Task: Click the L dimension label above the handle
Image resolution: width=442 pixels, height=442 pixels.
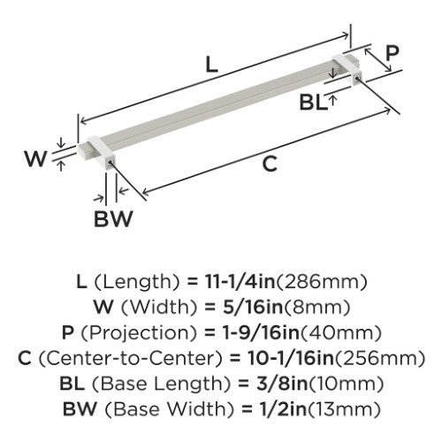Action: click(x=211, y=65)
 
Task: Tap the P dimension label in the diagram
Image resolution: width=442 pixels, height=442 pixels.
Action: click(x=392, y=53)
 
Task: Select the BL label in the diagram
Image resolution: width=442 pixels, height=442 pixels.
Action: click(x=313, y=103)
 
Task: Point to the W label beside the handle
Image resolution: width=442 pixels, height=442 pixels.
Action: click(x=35, y=158)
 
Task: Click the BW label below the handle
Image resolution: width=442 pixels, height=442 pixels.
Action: click(x=113, y=218)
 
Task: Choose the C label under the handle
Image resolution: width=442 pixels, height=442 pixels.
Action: click(x=270, y=164)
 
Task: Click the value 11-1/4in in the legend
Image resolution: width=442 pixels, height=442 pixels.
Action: click(x=240, y=282)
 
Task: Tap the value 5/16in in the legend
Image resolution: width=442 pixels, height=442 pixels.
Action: click(x=253, y=307)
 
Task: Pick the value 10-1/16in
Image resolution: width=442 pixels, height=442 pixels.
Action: click(x=291, y=358)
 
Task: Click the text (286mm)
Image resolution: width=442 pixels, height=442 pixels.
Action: click(x=321, y=282)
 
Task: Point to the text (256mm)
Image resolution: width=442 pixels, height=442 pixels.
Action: click(x=379, y=358)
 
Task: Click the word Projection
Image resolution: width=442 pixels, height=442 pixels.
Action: click(x=138, y=333)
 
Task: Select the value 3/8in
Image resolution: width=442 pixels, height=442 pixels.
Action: click(x=282, y=384)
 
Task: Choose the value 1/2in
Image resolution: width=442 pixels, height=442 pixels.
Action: click(x=282, y=409)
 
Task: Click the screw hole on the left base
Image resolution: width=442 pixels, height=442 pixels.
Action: click(x=110, y=163)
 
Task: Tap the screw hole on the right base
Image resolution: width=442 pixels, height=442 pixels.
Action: click(x=357, y=78)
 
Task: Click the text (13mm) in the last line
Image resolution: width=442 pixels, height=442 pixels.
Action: click(x=343, y=409)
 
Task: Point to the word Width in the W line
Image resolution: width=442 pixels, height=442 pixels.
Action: click(x=159, y=308)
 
